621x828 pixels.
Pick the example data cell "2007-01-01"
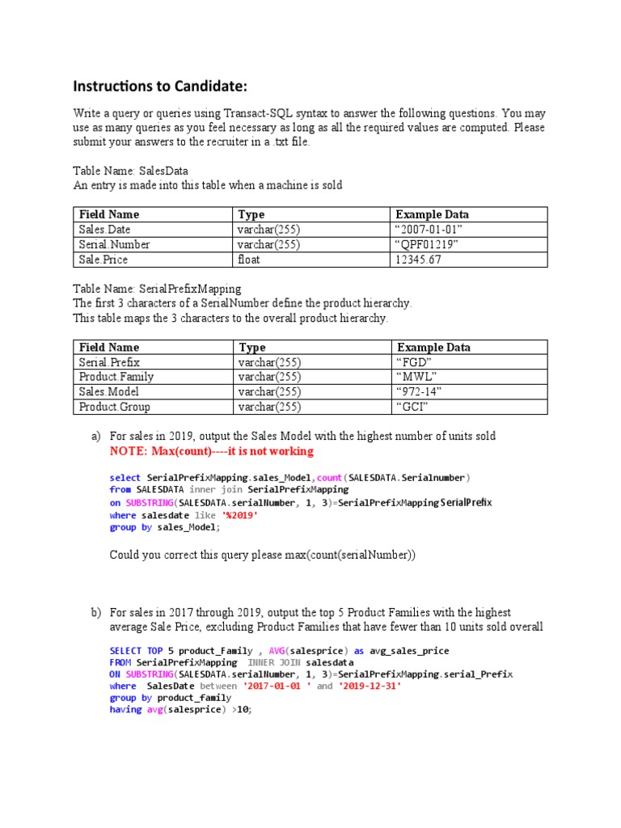(428, 230)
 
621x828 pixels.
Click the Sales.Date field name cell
(105, 230)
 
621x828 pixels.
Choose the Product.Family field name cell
(116, 377)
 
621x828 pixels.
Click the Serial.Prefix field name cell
(110, 362)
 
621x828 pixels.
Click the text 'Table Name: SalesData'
(130, 171)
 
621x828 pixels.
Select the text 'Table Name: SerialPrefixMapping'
(157, 289)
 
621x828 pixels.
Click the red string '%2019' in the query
(240, 514)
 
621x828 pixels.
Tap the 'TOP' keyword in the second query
(155, 651)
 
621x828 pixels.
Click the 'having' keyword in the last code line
(126, 709)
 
